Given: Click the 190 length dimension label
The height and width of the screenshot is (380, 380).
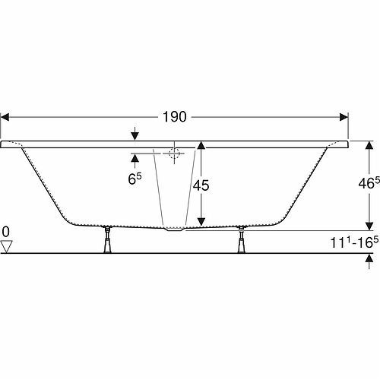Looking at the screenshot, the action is (x=175, y=117).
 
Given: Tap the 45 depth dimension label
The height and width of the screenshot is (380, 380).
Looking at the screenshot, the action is (x=201, y=185).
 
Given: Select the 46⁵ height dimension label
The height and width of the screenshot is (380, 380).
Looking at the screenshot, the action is (x=369, y=183).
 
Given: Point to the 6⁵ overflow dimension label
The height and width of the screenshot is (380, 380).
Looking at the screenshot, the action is (x=135, y=179).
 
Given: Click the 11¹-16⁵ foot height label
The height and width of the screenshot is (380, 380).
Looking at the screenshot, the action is (x=355, y=242).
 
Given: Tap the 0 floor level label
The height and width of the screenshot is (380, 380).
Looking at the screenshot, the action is (x=5, y=232).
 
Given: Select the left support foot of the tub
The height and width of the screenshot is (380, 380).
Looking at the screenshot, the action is (x=107, y=239).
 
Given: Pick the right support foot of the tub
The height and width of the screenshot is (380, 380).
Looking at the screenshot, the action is (x=241, y=239).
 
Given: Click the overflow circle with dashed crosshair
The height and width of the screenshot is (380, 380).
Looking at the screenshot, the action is (x=174, y=154).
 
